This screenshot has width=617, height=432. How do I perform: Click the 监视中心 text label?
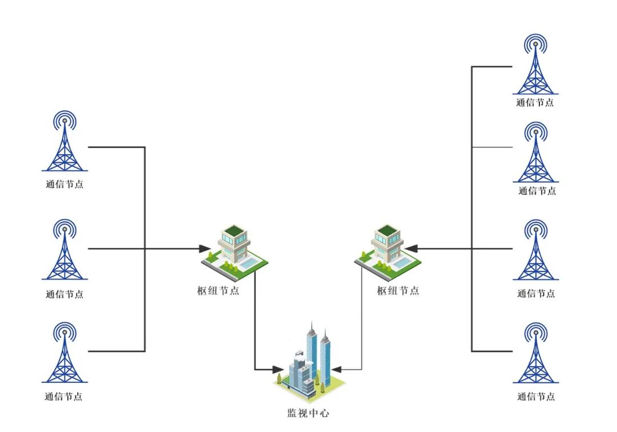tap(308, 413)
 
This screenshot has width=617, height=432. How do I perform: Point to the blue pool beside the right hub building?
tap(404, 263)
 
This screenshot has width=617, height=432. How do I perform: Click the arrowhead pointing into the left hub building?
tap(204, 249)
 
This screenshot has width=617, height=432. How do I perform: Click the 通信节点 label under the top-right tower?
tap(535, 103)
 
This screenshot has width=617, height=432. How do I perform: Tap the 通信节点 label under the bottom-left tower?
tap(64, 397)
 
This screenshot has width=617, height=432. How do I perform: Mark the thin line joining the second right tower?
tap(492, 148)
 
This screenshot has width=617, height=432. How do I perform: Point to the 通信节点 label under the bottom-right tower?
tap(536, 397)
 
